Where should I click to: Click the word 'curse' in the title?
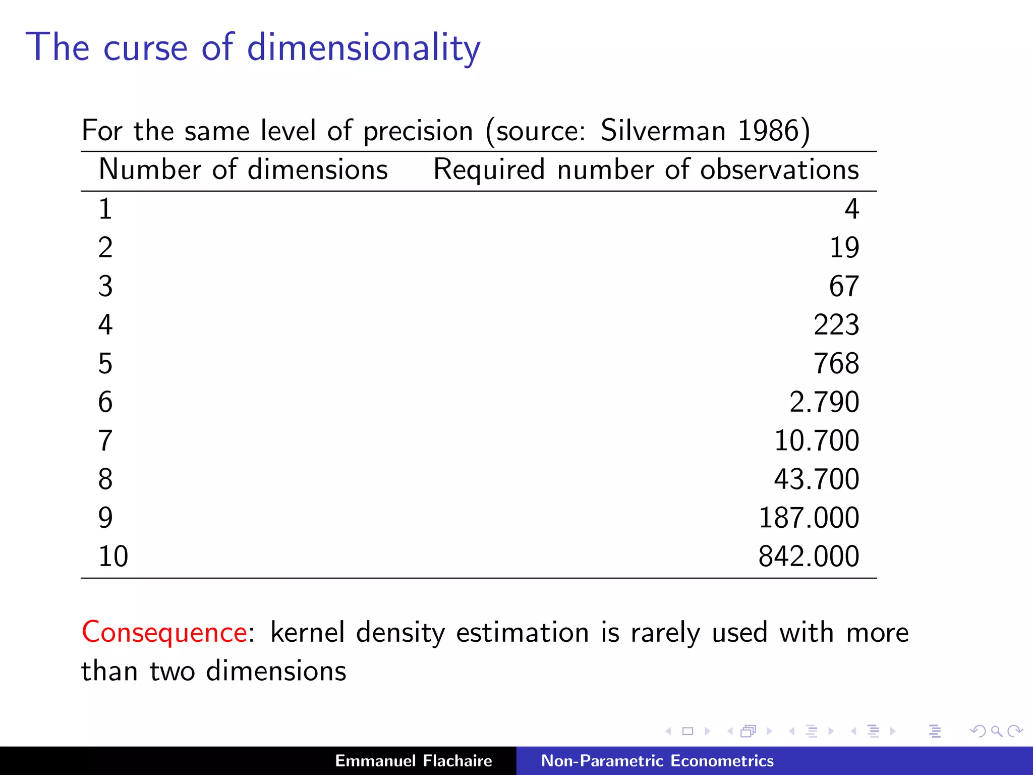point(145,48)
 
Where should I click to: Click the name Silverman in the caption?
point(663,131)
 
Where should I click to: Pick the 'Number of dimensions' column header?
point(243,170)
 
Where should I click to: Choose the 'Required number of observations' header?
point(646,170)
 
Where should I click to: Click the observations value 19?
point(844,248)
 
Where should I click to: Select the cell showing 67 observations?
point(844,287)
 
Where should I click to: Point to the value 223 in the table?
point(836,325)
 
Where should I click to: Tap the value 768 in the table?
point(836,364)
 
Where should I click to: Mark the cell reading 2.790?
point(824,402)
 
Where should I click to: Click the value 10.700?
point(817,440)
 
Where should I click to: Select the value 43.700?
point(817,479)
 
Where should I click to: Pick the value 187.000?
point(809,518)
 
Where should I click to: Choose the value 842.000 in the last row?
point(809,557)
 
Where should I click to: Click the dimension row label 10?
point(113,557)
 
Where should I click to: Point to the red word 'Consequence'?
point(164,632)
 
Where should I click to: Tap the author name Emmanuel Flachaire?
point(413,761)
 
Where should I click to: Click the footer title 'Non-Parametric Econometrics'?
point(657,761)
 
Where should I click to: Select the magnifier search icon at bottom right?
point(996,731)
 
